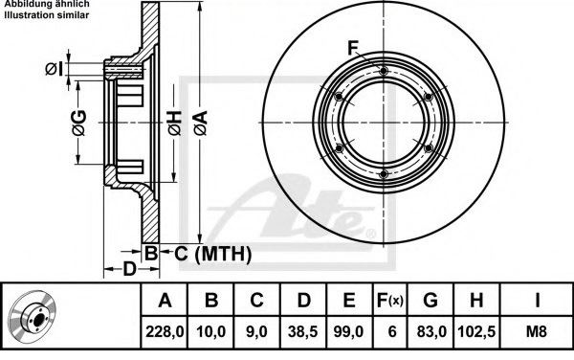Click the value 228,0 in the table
coord(165,332)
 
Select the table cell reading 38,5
coord(302,332)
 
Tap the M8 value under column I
coord(537,332)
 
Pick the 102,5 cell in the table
coord(476,332)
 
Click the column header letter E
coord(349,300)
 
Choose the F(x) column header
coord(390,301)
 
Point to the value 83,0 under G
coord(431,332)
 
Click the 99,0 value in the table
coord(348,332)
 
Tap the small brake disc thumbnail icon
coord(33,316)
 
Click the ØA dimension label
coord(201,124)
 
